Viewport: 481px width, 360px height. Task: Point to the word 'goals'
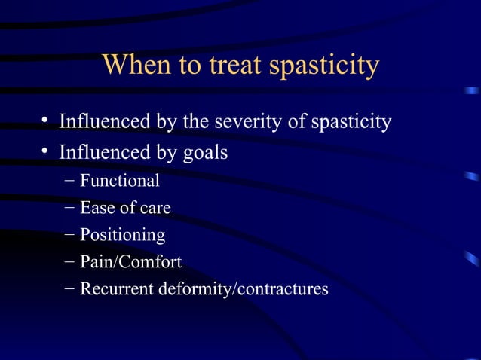point(205,153)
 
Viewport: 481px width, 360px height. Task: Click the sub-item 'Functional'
point(120,181)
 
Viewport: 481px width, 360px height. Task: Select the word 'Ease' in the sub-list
point(97,208)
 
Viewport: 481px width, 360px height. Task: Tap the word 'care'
point(154,208)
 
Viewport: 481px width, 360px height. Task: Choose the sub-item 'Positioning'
point(123,235)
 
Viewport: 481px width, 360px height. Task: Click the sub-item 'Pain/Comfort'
point(130,262)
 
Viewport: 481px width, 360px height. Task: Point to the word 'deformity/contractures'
point(243,288)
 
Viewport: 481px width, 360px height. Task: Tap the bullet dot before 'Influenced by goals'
point(46,153)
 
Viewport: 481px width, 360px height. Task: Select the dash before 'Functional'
point(70,182)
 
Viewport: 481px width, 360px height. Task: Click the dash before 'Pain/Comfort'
point(70,263)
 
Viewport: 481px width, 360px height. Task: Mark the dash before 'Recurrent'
point(70,289)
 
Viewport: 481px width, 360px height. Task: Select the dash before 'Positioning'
point(70,236)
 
